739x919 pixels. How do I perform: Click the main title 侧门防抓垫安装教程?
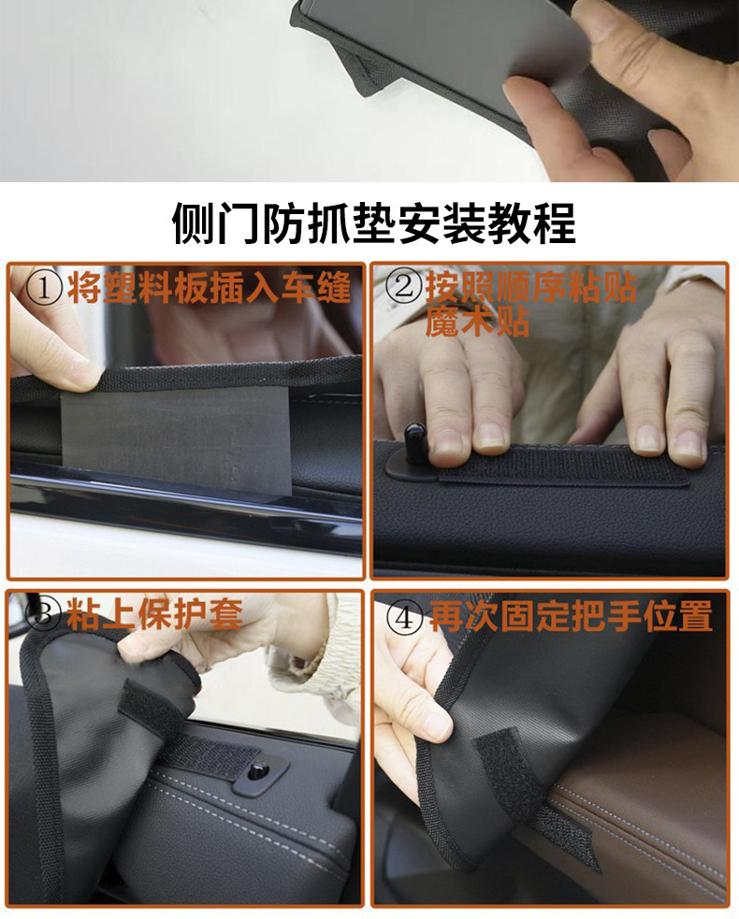373,223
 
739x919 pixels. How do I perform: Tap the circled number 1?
45,287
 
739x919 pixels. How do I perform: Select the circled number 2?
405,287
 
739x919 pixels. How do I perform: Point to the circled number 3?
44,614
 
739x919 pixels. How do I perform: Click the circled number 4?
405,617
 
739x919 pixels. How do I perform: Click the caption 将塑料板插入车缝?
209,287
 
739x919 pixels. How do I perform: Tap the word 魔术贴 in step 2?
477,322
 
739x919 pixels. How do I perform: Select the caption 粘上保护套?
154,614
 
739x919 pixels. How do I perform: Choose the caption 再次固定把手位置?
571,616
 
